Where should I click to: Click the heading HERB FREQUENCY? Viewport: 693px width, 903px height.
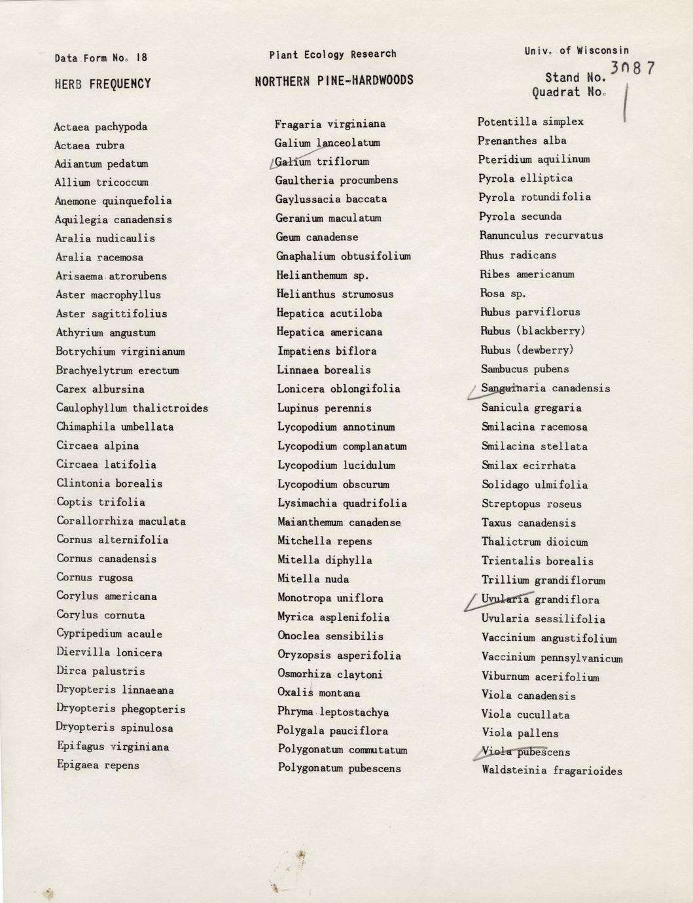click(x=103, y=84)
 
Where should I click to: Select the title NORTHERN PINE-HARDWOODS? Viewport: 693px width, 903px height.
click(x=334, y=80)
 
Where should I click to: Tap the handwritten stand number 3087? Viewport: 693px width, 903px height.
click(x=632, y=68)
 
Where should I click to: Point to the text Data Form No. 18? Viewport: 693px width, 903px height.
click(x=101, y=58)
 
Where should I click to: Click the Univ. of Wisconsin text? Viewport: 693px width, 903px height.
click(x=576, y=50)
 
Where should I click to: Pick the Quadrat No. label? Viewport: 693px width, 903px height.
click(x=569, y=92)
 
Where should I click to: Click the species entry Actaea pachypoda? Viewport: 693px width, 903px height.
click(x=101, y=127)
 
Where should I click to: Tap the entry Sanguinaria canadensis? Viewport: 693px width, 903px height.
click(x=545, y=389)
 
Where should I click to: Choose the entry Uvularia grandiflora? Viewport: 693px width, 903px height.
click(x=540, y=599)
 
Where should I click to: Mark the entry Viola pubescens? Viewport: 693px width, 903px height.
click(x=525, y=752)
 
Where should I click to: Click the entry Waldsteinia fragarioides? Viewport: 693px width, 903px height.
click(x=552, y=771)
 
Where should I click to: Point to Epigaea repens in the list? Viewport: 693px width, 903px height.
click(x=98, y=765)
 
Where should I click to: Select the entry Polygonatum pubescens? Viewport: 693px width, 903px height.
click(x=339, y=768)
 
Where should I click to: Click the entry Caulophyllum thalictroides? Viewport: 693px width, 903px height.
click(x=132, y=408)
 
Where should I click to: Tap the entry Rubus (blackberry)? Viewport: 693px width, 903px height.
click(x=533, y=331)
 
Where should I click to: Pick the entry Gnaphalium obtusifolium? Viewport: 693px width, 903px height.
click(x=343, y=256)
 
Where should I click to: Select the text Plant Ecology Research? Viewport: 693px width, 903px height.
click(x=332, y=54)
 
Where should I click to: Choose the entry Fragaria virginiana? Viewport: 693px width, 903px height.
click(x=330, y=124)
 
